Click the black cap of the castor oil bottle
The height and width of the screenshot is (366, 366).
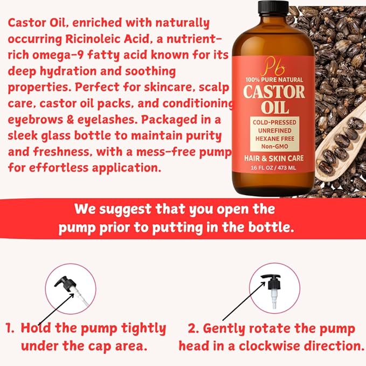coord(273,7)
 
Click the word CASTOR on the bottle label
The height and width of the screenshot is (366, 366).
coord(274,92)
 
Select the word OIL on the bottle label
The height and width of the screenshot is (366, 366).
coord(275,107)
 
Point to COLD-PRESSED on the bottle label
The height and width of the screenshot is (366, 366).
coord(274,122)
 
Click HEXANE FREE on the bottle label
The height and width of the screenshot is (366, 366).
coord(275,139)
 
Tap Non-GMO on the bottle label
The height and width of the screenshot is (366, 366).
coord(274,147)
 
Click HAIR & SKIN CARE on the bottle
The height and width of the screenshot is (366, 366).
coord(274,158)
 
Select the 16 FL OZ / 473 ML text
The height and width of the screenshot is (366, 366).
coord(273,168)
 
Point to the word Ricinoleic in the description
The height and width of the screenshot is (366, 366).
coord(107,39)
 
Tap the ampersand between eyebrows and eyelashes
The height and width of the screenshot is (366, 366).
coord(70,120)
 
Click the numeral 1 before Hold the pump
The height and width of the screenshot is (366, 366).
coord(9,328)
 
